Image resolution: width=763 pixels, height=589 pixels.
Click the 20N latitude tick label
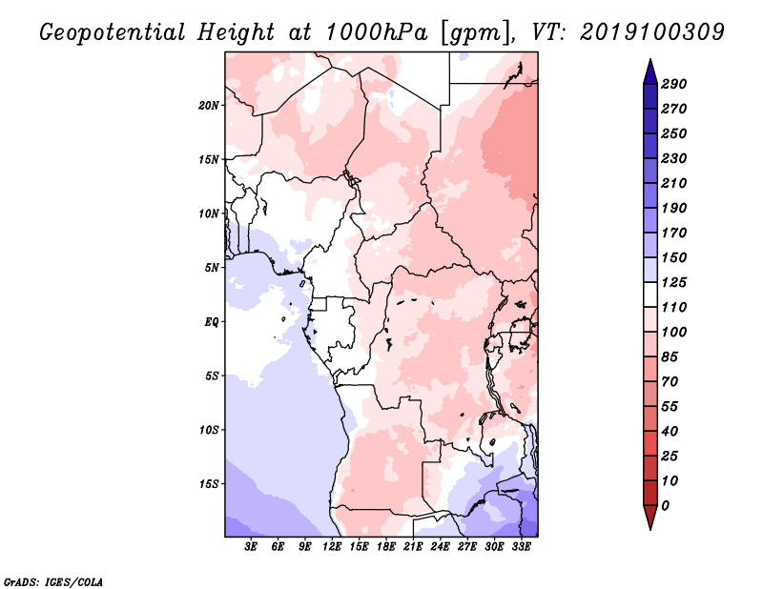[209, 106]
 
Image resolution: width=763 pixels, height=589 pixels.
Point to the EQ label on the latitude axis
[211, 322]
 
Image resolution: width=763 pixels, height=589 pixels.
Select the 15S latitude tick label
[209, 484]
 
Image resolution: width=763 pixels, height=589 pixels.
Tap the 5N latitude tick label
[212, 268]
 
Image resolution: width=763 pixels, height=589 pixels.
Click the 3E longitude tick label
[251, 547]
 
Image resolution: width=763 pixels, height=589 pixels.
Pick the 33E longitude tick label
[521, 547]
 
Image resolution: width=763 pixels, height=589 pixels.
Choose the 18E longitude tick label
[386, 547]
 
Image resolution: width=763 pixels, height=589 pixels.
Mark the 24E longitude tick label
[440, 547]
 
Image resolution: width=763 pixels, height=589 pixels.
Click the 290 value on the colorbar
[674, 84]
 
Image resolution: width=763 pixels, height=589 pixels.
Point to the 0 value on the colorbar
[665, 506]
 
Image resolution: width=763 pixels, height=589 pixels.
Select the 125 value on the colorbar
[674, 282]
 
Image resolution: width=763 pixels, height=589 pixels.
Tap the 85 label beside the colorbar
[670, 357]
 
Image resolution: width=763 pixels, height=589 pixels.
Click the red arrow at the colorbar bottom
[650, 517]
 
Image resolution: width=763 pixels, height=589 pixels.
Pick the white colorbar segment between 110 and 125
[650, 294]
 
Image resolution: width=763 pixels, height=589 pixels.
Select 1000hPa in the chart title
[376, 32]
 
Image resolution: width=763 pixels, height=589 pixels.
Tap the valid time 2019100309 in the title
[652, 32]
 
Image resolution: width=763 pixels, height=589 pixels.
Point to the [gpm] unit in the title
[478, 33]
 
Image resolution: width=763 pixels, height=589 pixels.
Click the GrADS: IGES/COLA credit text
[53, 581]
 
